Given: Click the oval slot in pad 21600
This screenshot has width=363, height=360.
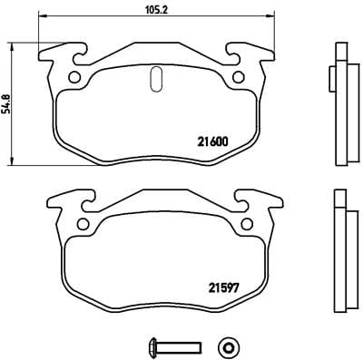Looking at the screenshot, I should click(x=154, y=80).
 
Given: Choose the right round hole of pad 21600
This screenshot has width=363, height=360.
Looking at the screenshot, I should click(x=239, y=76).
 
